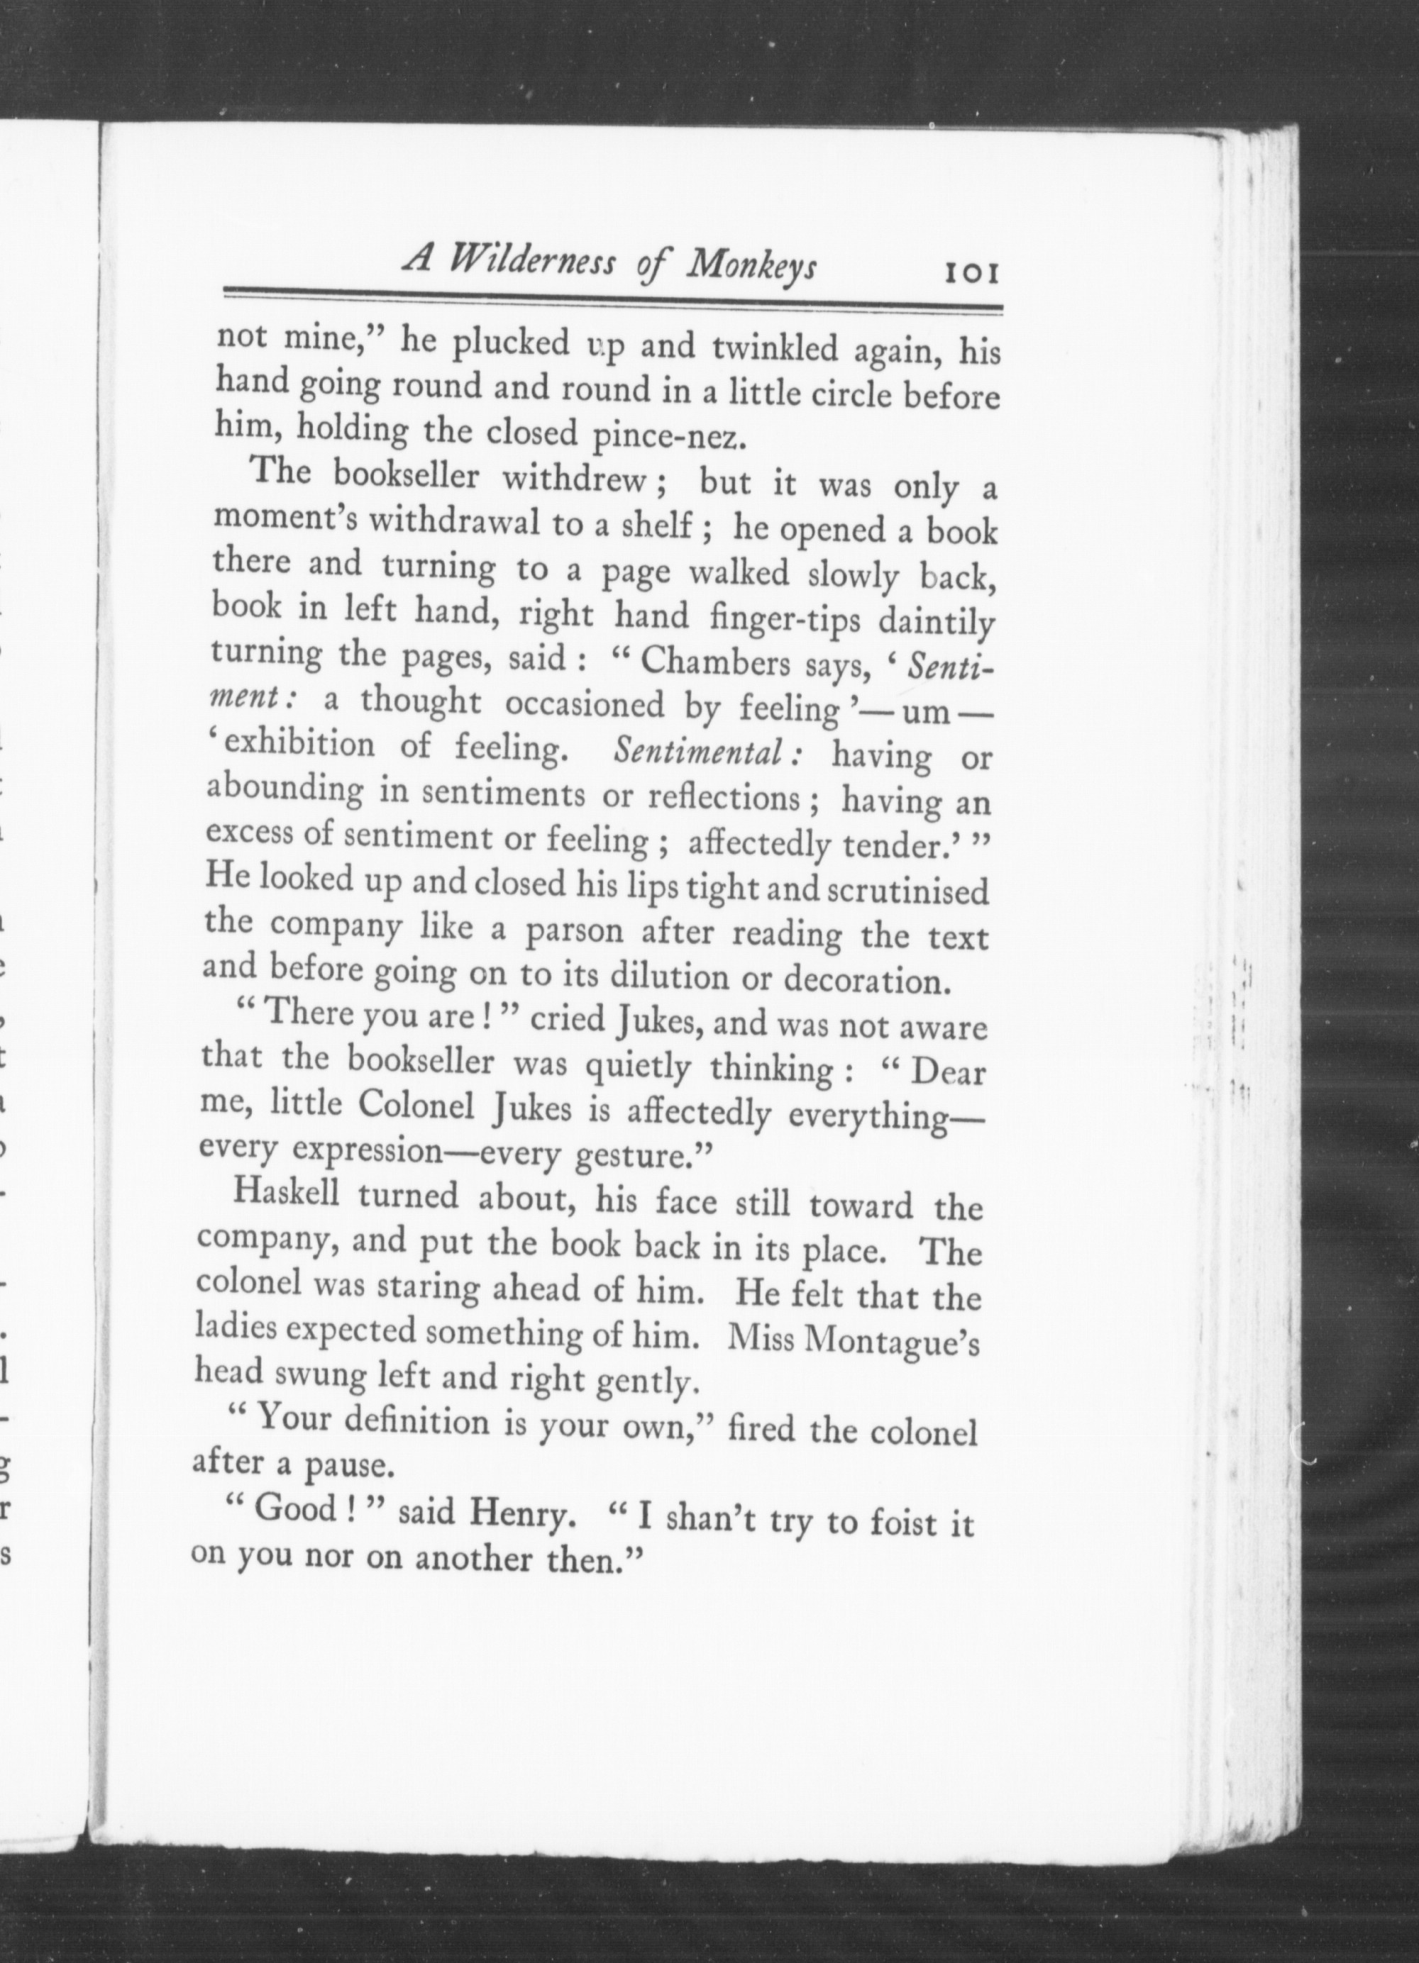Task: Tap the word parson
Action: (x=575, y=930)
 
